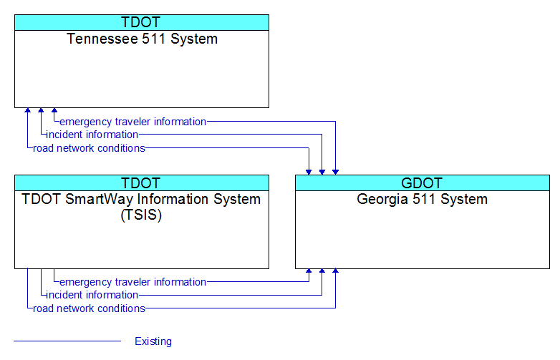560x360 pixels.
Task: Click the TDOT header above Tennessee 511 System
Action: (x=140, y=22)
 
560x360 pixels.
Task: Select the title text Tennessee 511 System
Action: (x=142, y=39)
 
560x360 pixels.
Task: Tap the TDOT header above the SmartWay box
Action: (x=140, y=183)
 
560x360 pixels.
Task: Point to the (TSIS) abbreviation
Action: (x=141, y=215)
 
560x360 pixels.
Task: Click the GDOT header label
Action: (x=422, y=183)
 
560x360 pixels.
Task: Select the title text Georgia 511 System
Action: (x=422, y=199)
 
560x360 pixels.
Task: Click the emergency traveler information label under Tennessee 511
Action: (x=133, y=122)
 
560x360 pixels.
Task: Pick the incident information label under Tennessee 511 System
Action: (x=92, y=135)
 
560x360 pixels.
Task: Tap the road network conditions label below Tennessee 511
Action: (x=90, y=148)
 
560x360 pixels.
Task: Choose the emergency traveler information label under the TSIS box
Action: (x=133, y=282)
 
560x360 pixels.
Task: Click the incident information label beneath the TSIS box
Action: (x=92, y=295)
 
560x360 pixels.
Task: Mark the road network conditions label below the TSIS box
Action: (x=90, y=308)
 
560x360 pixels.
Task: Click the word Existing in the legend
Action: (x=153, y=341)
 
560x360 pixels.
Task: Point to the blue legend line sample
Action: (x=67, y=341)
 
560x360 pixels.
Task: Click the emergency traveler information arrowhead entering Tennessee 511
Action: (x=54, y=110)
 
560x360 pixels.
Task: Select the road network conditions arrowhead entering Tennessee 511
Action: (x=27, y=110)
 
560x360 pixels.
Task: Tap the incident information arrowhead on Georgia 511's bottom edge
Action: (x=322, y=271)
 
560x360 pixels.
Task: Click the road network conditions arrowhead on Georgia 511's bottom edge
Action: (x=335, y=271)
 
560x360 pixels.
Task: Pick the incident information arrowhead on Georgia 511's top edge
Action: (x=322, y=172)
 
